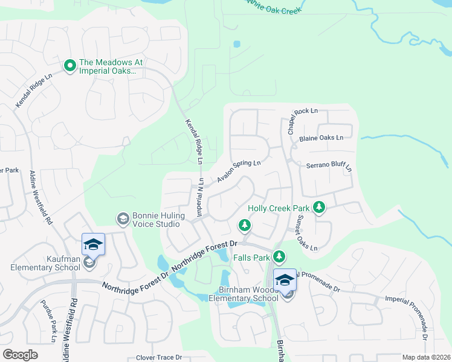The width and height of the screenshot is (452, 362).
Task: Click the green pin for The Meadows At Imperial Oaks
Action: (x=69, y=65)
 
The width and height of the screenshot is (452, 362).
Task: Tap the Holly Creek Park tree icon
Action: (x=319, y=208)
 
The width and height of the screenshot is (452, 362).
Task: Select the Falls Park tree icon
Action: (x=279, y=257)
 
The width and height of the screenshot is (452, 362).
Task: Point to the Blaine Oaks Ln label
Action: (x=321, y=138)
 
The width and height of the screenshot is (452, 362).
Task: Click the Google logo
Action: (x=20, y=355)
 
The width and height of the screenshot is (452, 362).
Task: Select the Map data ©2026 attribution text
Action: (x=426, y=357)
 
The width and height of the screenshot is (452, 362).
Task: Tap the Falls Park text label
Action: (x=253, y=258)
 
